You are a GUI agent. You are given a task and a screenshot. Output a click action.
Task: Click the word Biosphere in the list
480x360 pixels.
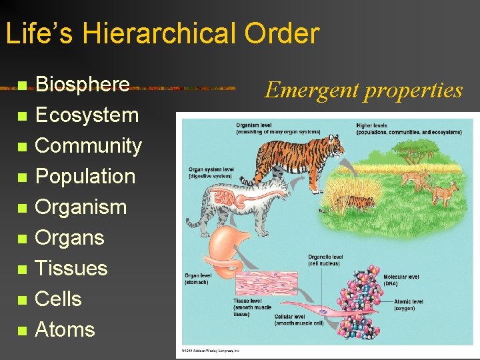pos(82,85)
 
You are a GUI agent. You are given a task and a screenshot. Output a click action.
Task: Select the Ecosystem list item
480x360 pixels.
pos(87,115)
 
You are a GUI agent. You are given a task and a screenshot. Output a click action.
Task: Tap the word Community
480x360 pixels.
pos(88,146)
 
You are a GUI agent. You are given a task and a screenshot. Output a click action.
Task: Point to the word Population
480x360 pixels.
pos(85,177)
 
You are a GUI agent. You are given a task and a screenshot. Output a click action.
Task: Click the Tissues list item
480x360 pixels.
pos(71,269)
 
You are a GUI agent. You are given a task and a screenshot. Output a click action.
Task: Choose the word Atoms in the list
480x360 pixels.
pos(65,330)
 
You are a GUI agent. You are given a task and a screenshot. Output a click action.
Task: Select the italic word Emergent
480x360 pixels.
pos(304,90)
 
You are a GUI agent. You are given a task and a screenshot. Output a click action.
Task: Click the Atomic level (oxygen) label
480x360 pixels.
pos(408,305)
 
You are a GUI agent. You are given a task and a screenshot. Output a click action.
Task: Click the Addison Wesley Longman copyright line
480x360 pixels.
pos(209,350)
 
